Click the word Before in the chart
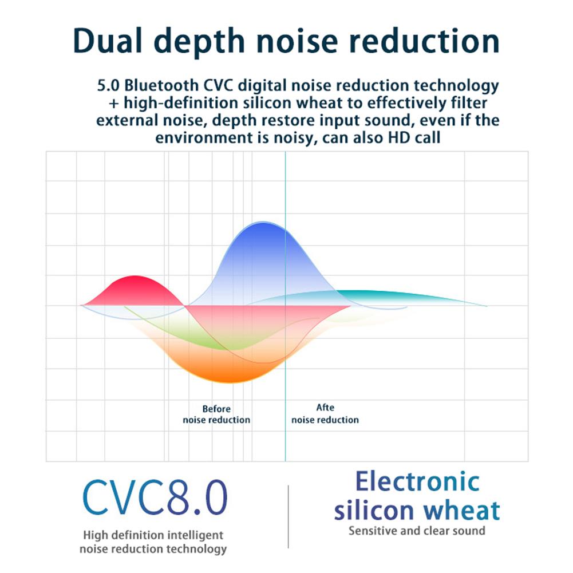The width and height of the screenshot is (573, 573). pyautogui.click(x=216, y=409)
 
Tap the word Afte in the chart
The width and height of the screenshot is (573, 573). pyautogui.click(x=325, y=408)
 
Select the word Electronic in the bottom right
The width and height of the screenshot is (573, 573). pyautogui.click(x=417, y=481)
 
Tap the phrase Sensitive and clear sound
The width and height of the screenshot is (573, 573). pyautogui.click(x=417, y=531)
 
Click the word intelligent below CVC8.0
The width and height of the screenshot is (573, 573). pyautogui.click(x=193, y=536)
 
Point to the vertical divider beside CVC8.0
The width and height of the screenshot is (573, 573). pyautogui.click(x=288, y=515)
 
